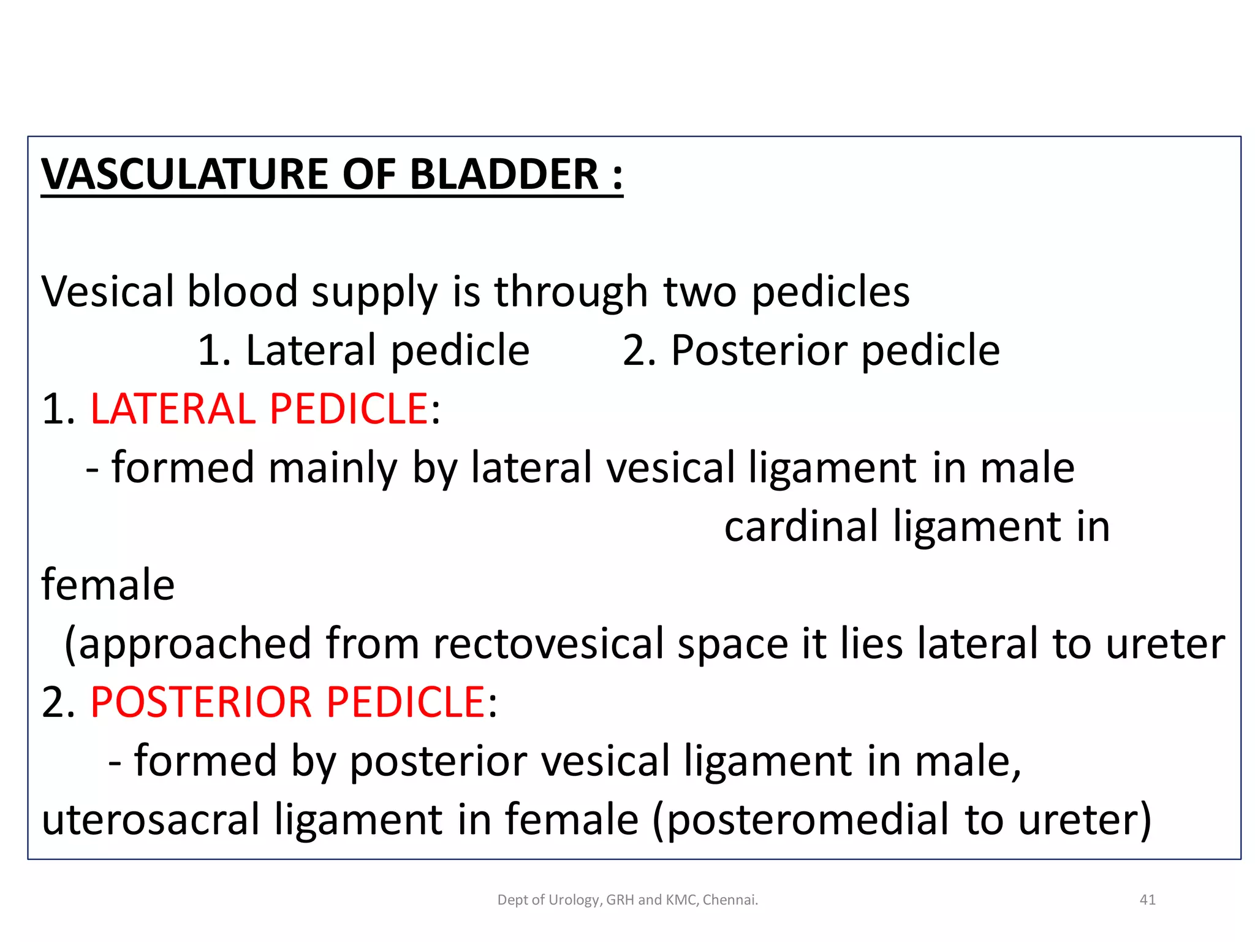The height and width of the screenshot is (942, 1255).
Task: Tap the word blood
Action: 243,291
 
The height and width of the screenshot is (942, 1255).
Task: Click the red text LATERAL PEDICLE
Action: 259,408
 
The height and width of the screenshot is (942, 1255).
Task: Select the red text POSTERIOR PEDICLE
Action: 288,702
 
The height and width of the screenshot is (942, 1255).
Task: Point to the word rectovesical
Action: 548,644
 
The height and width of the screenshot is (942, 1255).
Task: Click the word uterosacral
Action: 151,819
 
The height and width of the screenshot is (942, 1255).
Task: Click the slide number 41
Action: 1147,900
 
